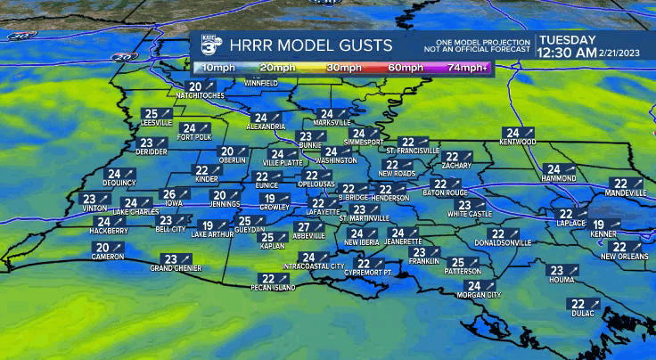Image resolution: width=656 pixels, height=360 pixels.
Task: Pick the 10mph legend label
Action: pyautogui.click(x=215, y=68)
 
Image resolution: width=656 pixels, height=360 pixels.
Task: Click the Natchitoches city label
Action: pyautogui.click(x=200, y=94)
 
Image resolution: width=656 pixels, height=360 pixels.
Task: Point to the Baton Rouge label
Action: pyautogui.click(x=445, y=192)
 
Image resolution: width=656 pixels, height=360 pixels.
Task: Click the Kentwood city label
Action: pyautogui.click(x=518, y=142)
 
